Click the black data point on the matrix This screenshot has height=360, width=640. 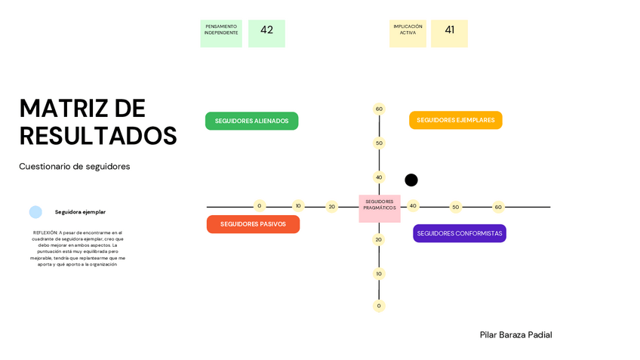tap(411, 180)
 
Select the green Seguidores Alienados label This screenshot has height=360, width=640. tap(251, 121)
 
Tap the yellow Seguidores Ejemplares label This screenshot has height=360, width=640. tap(455, 120)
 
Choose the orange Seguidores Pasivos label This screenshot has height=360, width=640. tap(253, 224)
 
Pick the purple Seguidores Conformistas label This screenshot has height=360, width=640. tap(459, 233)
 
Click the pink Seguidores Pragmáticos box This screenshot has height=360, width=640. tap(379, 208)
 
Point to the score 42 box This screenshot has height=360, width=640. tap(266, 33)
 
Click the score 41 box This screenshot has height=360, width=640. tap(449, 33)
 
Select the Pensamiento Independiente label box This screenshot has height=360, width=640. tap(221, 33)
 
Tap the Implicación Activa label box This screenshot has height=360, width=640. tap(408, 33)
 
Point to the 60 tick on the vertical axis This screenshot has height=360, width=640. tap(379, 109)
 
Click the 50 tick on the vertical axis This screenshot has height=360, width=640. tap(379, 143)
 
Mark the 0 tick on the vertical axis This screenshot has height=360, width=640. tap(379, 306)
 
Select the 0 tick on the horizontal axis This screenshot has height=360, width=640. tap(259, 205)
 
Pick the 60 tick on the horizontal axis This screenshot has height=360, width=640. tap(498, 207)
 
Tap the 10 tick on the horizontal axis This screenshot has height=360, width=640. tap(298, 205)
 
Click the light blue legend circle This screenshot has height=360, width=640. tap(35, 212)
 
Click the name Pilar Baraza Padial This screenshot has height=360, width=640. tap(515, 334)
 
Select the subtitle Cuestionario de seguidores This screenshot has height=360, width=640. tap(75, 166)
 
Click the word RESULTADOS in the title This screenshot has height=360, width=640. tap(98, 136)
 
